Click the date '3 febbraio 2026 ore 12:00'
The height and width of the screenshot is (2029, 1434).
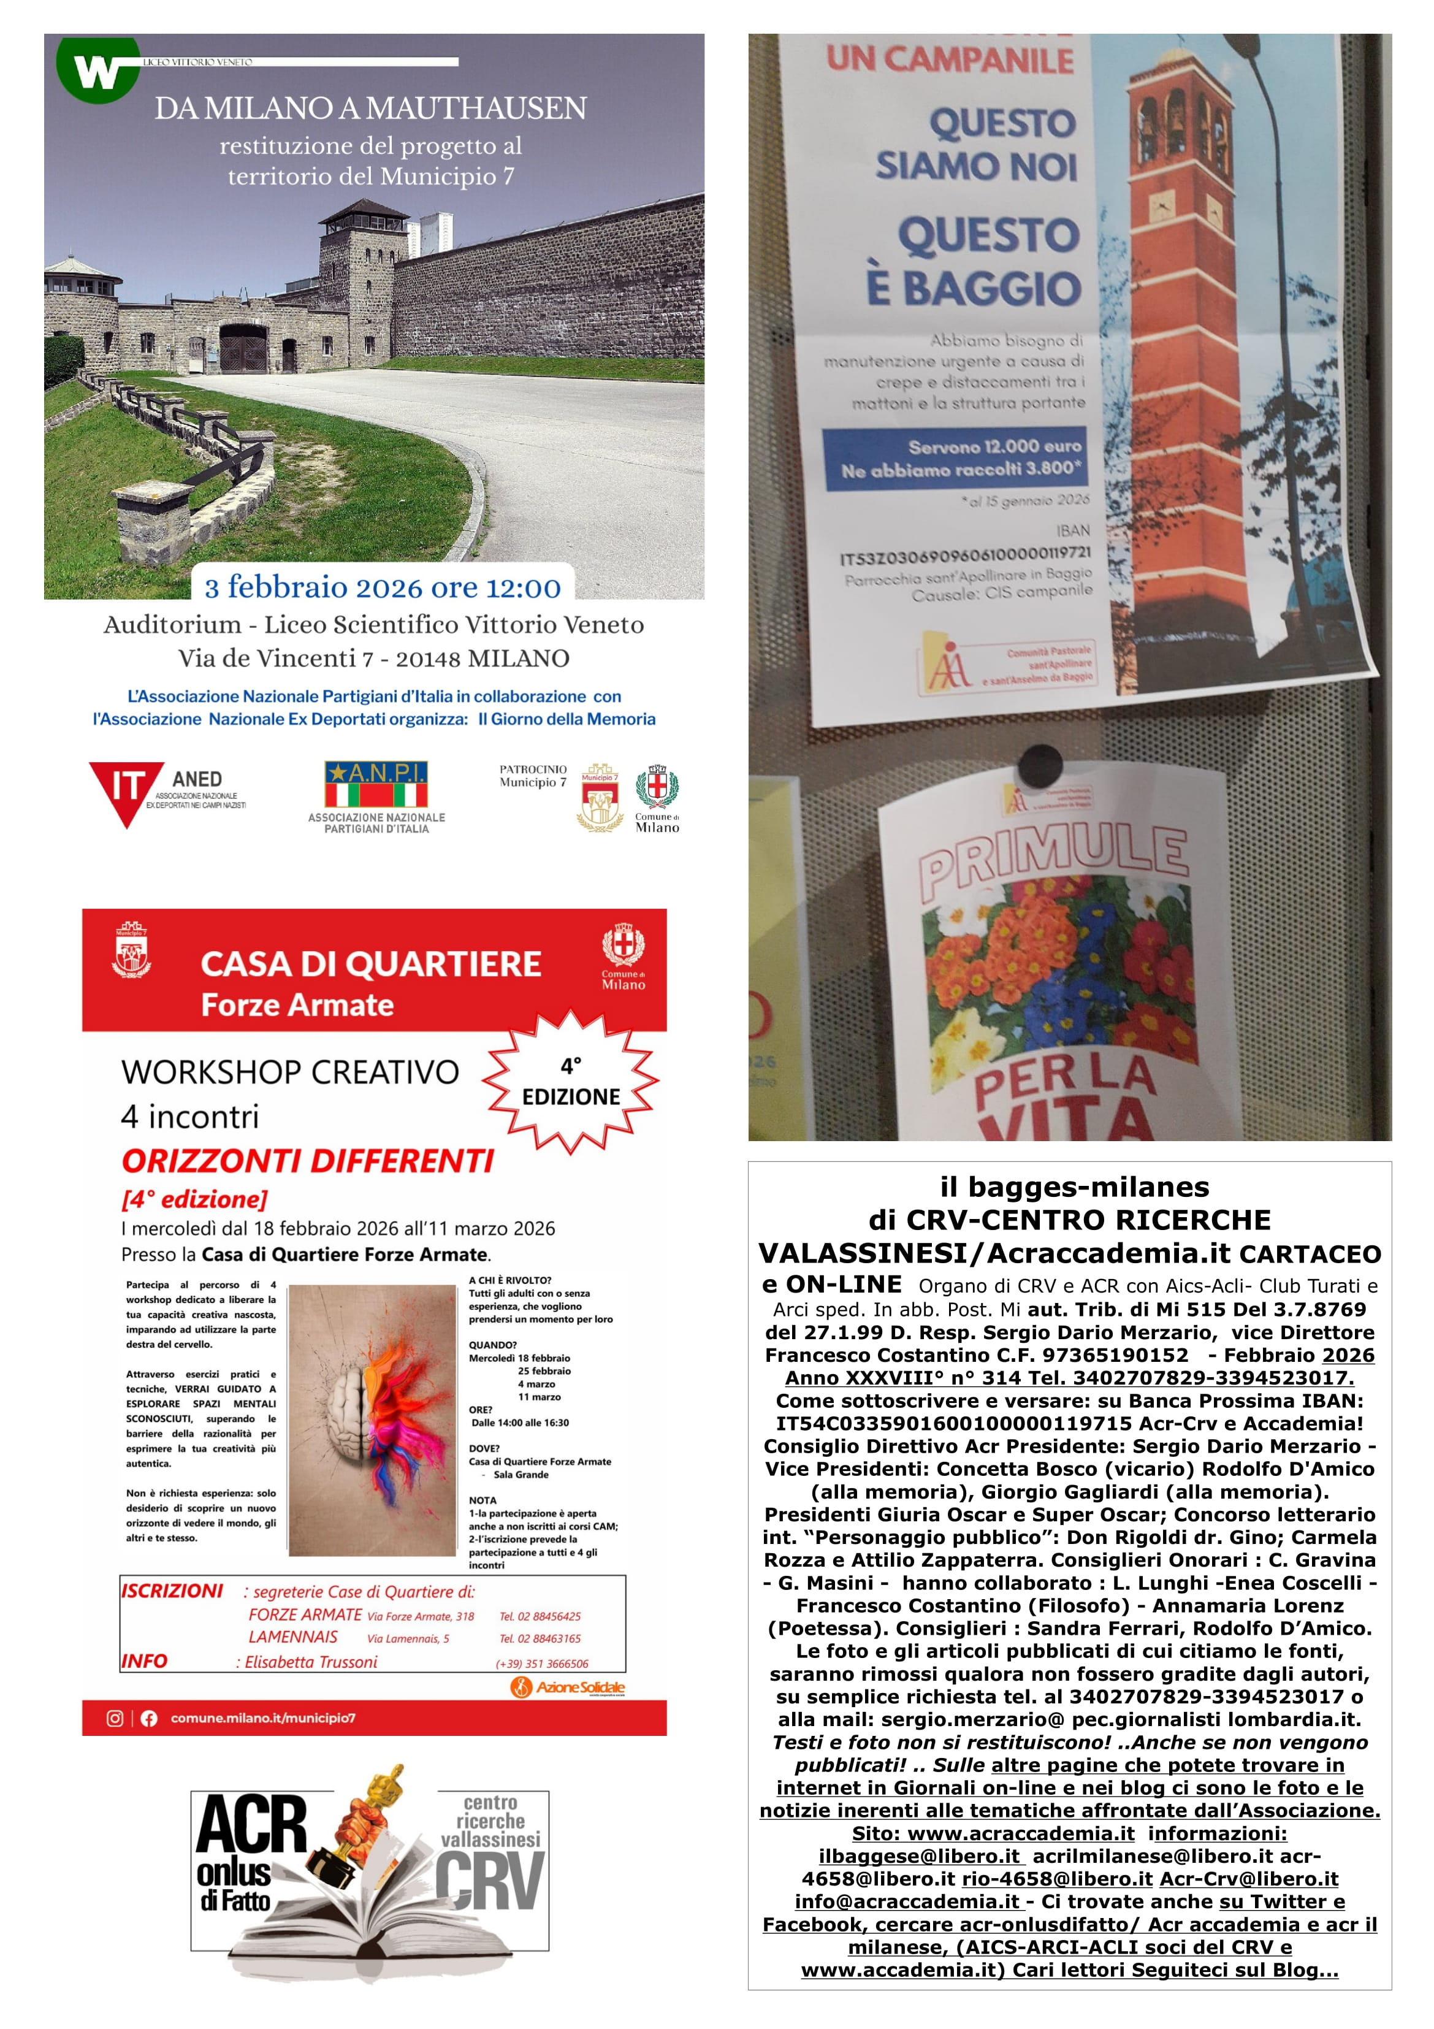383,587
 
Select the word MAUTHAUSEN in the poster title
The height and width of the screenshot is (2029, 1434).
477,109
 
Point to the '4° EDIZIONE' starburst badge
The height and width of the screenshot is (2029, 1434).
571,1082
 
